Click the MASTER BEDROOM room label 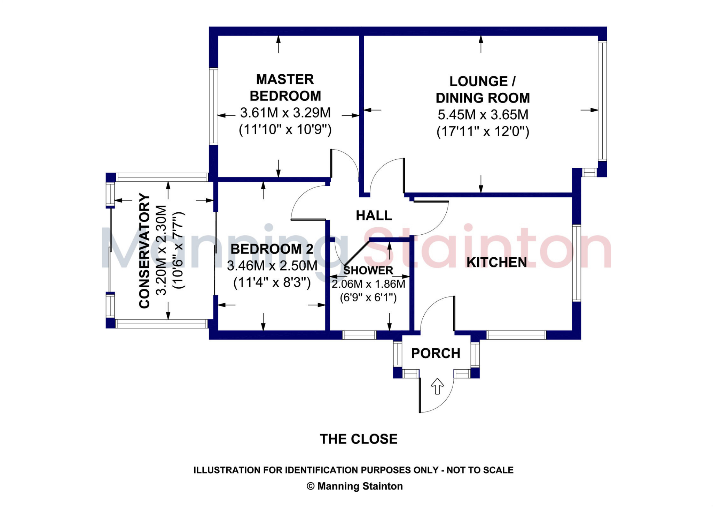tap(285, 88)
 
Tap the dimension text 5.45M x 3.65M tap(483, 115)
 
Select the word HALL tap(374, 215)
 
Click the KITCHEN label tap(496, 262)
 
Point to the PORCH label tap(436, 353)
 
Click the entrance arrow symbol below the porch tap(437, 386)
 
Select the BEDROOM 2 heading tap(272, 249)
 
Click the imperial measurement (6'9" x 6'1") tap(368, 297)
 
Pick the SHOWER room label tap(368, 270)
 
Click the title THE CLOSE tap(358, 439)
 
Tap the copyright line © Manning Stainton tap(354, 486)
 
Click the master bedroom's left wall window tap(213, 106)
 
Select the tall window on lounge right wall tap(602, 101)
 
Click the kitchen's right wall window tap(577, 263)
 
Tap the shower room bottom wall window tap(359, 335)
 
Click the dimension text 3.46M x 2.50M tap(272, 266)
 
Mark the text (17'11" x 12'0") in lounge tap(483, 131)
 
